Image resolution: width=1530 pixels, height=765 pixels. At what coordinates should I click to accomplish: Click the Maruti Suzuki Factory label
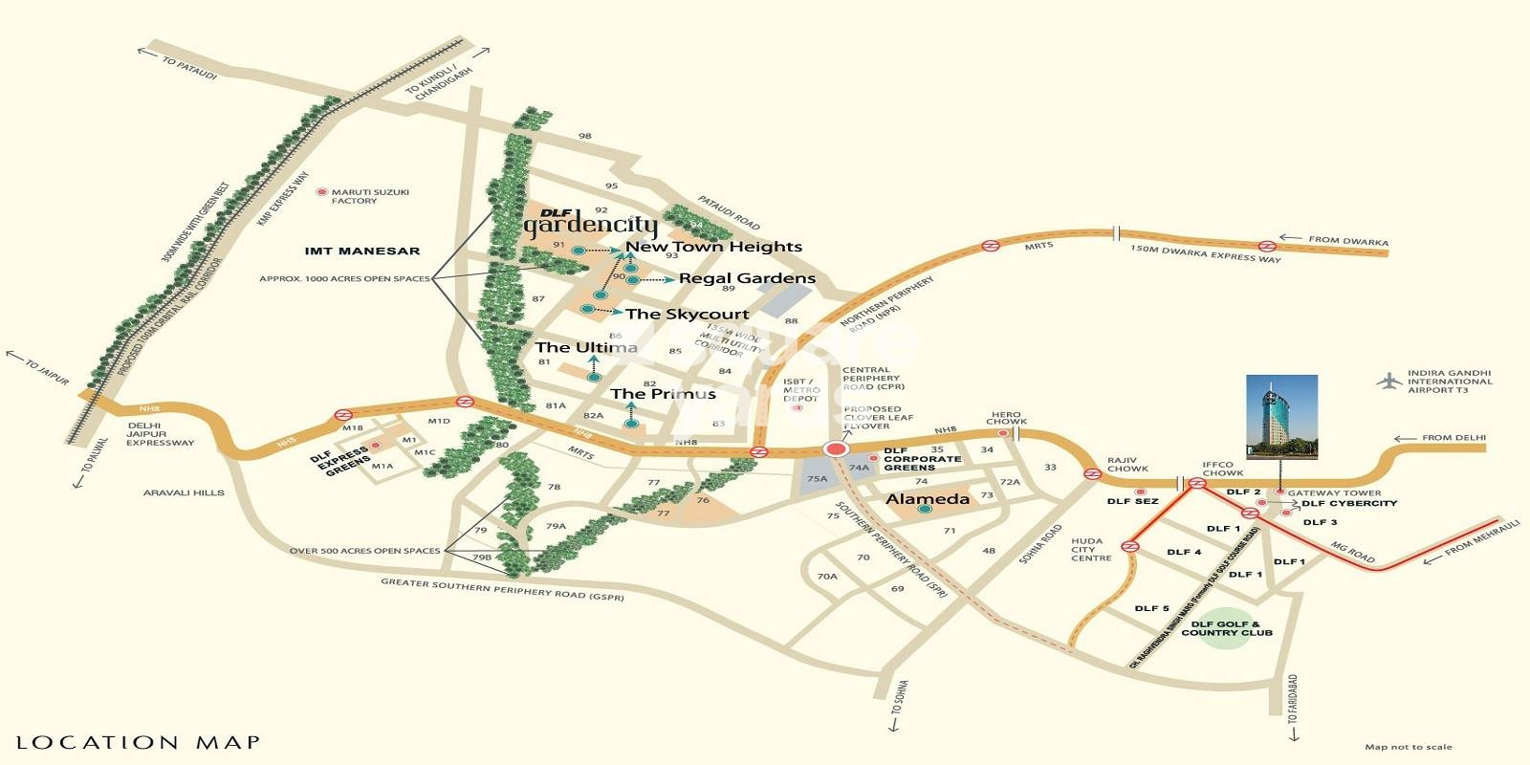pyautogui.click(x=369, y=196)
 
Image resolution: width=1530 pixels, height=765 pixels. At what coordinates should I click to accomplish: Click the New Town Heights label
pyautogui.click(x=713, y=247)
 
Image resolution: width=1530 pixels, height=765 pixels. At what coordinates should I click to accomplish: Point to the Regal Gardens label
pyautogui.click(x=747, y=278)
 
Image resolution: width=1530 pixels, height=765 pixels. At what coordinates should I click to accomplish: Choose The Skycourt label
pyautogui.click(x=687, y=314)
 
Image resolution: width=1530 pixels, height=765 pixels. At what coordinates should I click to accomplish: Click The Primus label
pyautogui.click(x=663, y=394)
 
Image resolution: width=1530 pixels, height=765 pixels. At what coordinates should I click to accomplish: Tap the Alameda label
pyautogui.click(x=927, y=499)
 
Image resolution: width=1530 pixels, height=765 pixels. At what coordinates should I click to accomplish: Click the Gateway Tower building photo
pyautogui.click(x=1281, y=417)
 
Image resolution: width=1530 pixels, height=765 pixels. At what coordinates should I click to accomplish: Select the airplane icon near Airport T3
pyautogui.click(x=1388, y=381)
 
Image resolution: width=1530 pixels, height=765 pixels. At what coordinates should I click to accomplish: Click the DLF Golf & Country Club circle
pyautogui.click(x=1226, y=628)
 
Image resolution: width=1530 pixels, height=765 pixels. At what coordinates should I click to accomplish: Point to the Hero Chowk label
pyautogui.click(x=1006, y=418)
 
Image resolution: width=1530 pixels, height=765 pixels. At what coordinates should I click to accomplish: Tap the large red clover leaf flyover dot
pyautogui.click(x=837, y=449)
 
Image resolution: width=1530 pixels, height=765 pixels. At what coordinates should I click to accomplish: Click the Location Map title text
pyautogui.click(x=138, y=742)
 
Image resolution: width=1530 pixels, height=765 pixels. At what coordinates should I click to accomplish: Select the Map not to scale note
pyautogui.click(x=1408, y=747)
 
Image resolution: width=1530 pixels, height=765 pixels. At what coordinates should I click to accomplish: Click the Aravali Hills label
pyautogui.click(x=184, y=492)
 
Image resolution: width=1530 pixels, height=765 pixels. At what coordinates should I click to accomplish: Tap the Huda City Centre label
pyautogui.click(x=1091, y=549)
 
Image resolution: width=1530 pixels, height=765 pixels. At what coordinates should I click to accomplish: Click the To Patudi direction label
pyautogui.click(x=188, y=67)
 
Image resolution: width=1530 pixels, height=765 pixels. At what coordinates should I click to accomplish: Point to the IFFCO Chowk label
pyautogui.click(x=1222, y=469)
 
